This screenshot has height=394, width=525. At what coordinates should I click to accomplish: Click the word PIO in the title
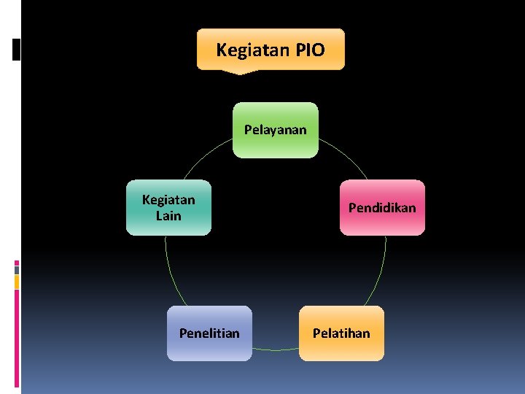pyautogui.click(x=310, y=50)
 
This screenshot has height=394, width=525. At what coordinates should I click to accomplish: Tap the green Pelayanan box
pyautogui.click(x=276, y=130)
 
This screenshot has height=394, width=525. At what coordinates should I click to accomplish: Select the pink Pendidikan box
pyautogui.click(x=382, y=207)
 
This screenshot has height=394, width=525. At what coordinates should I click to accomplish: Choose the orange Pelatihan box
pyautogui.click(x=341, y=333)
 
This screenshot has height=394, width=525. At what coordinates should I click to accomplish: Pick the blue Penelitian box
pyautogui.click(x=209, y=333)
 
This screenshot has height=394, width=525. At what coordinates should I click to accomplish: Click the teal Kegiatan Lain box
pyautogui.click(x=168, y=207)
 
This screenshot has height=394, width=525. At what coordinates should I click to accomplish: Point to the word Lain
pyautogui.click(x=168, y=215)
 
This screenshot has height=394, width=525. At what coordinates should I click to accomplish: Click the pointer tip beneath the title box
pyautogui.click(x=238, y=72)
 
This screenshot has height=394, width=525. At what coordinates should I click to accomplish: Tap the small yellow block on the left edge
pyautogui.click(x=17, y=281)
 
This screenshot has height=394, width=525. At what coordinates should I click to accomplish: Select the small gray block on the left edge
pyautogui.click(x=17, y=269)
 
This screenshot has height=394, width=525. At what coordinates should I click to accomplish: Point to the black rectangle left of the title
pyautogui.click(x=17, y=49)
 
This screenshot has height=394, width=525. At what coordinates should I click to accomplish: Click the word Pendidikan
pyautogui.click(x=382, y=207)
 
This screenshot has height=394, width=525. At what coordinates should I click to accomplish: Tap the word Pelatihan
pyautogui.click(x=341, y=333)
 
